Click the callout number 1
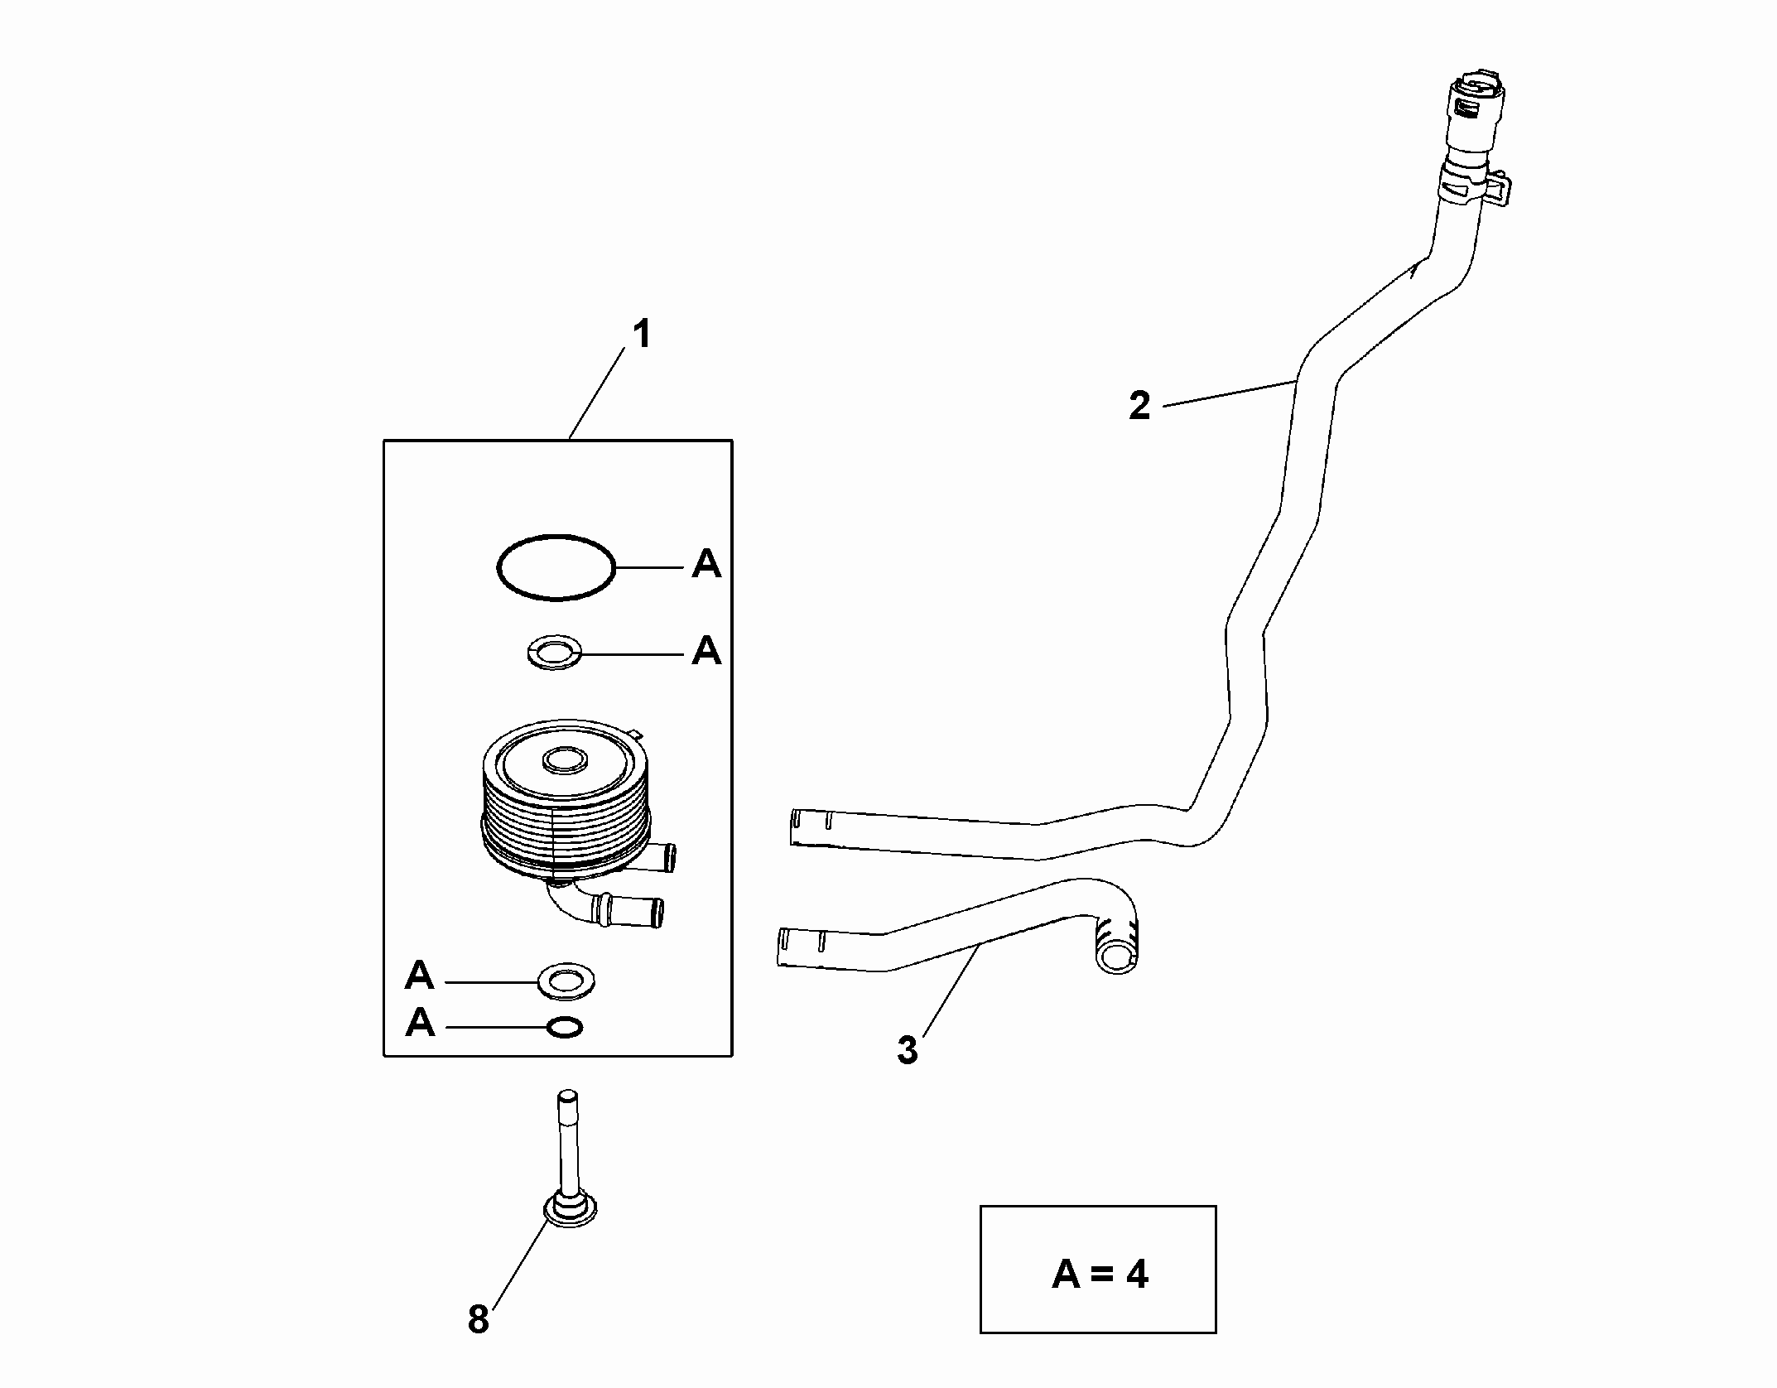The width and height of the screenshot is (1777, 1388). [642, 335]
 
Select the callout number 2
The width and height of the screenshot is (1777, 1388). [1139, 407]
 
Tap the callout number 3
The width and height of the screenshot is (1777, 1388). [908, 1050]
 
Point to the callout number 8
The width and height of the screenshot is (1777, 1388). [479, 1319]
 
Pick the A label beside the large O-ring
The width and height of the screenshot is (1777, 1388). [706, 565]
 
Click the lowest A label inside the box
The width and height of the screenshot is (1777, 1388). [420, 1024]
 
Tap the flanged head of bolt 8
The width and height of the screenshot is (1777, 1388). [571, 1212]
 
